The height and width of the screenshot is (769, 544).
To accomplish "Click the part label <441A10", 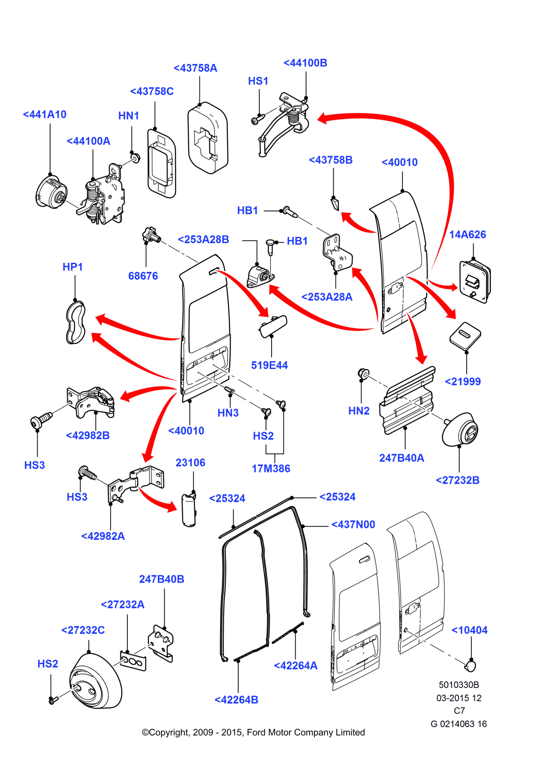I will [x=44, y=115].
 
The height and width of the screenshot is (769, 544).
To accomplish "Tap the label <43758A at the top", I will [x=195, y=68].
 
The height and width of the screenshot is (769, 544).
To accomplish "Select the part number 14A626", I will [x=467, y=235].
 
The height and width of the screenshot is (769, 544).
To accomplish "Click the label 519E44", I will [x=269, y=366].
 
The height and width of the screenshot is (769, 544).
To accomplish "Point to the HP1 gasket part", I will [x=76, y=323].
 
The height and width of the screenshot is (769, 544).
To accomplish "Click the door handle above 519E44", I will [x=273, y=326].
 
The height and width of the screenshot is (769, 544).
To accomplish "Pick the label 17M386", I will [x=271, y=469].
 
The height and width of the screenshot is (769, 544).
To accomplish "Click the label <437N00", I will [x=353, y=525].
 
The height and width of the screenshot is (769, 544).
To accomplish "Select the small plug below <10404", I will [x=470, y=666].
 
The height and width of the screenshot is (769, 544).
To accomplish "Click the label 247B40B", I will [x=161, y=580].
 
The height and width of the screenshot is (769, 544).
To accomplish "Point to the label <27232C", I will [x=83, y=630].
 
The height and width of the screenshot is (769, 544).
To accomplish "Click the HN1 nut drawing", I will [x=135, y=158].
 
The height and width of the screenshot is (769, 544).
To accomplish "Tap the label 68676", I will [x=143, y=276].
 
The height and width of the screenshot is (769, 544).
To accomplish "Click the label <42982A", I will [x=103, y=536].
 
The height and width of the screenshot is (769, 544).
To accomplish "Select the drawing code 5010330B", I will [x=459, y=685].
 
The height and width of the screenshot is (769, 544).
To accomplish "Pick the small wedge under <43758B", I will [x=335, y=203].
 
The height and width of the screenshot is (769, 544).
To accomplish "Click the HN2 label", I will [x=359, y=411].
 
